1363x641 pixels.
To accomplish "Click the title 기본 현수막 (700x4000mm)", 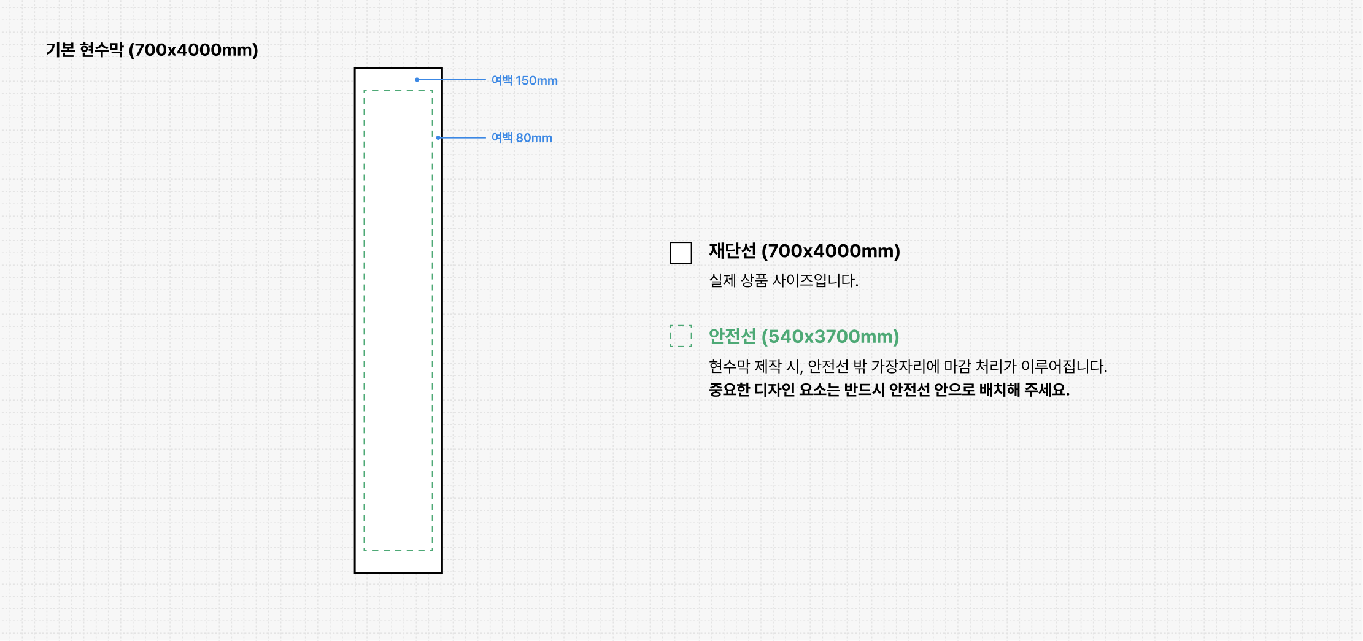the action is (x=152, y=50).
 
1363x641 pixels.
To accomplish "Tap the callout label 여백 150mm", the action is (x=524, y=80).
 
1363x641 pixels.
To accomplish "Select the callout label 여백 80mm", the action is (x=522, y=138).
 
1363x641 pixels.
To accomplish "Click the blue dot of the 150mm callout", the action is (x=417, y=80).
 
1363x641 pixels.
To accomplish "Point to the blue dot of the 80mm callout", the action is (x=438, y=137).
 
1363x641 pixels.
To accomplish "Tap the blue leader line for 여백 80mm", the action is (x=463, y=137).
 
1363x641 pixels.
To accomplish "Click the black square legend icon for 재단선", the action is (x=681, y=253).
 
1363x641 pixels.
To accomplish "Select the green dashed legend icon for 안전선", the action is (x=681, y=336).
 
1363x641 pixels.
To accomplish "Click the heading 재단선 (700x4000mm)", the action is (x=804, y=251).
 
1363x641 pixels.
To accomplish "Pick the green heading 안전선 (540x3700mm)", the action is (x=803, y=337).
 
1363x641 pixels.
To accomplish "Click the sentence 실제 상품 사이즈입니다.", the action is (x=783, y=281).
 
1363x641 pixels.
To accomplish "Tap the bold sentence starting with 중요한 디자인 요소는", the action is (x=889, y=390).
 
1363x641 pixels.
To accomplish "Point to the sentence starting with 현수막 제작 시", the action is (x=908, y=367).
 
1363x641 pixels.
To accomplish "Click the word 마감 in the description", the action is (x=957, y=367).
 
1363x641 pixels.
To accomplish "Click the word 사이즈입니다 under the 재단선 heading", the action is (x=815, y=281).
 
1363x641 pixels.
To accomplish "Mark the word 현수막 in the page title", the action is (x=102, y=50).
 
